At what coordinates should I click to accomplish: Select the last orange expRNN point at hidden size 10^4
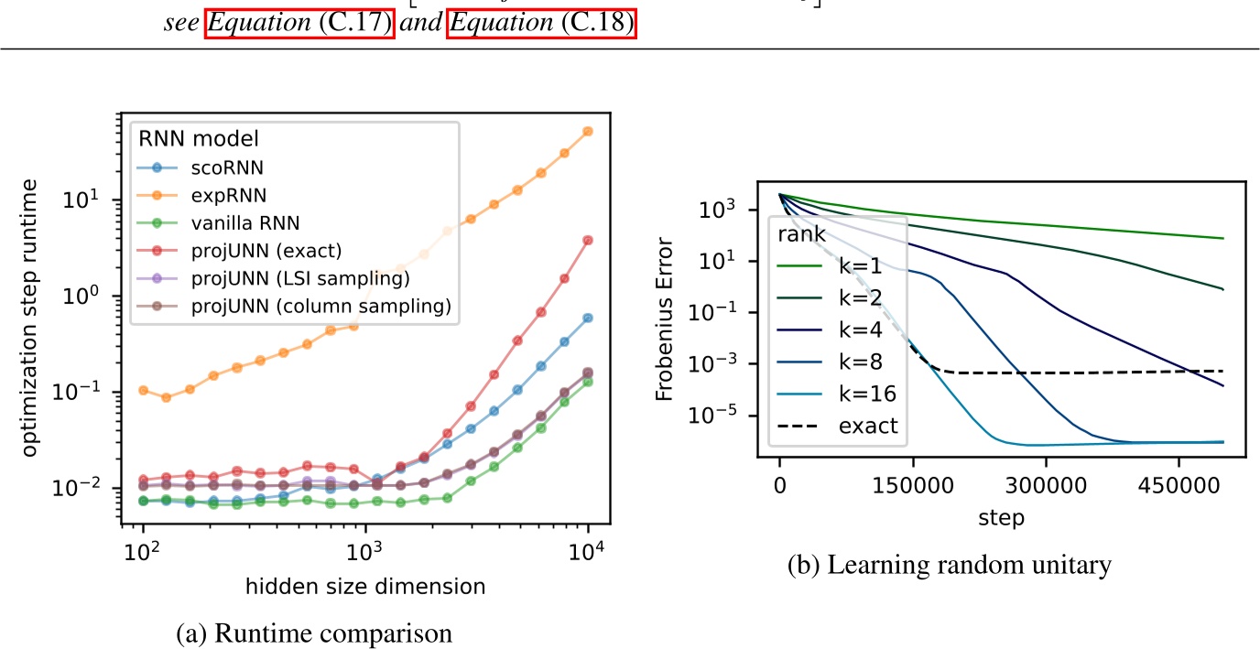pyautogui.click(x=587, y=132)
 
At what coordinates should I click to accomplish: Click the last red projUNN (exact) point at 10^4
pyautogui.click(x=587, y=240)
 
